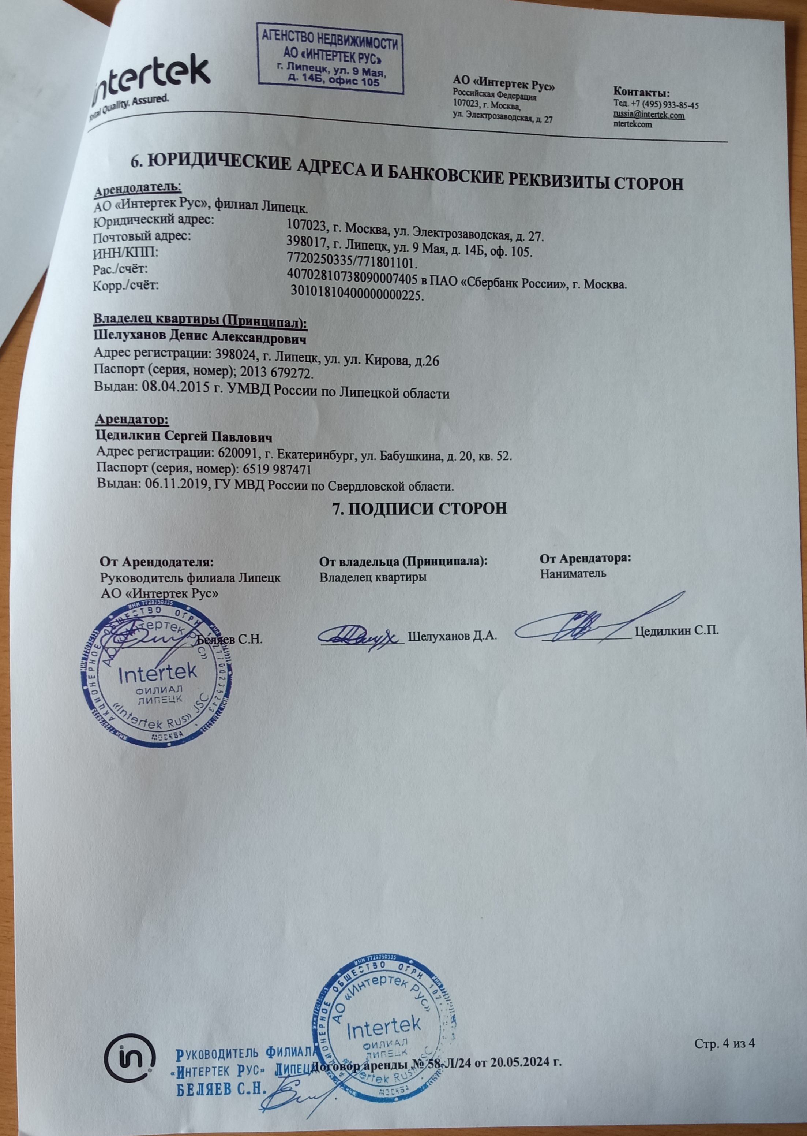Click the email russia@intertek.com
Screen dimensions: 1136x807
click(x=649, y=115)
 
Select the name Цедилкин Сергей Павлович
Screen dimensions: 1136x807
click(x=184, y=437)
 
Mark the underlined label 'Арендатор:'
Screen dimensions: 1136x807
click(x=132, y=420)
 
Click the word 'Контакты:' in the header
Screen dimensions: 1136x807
click(x=642, y=93)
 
